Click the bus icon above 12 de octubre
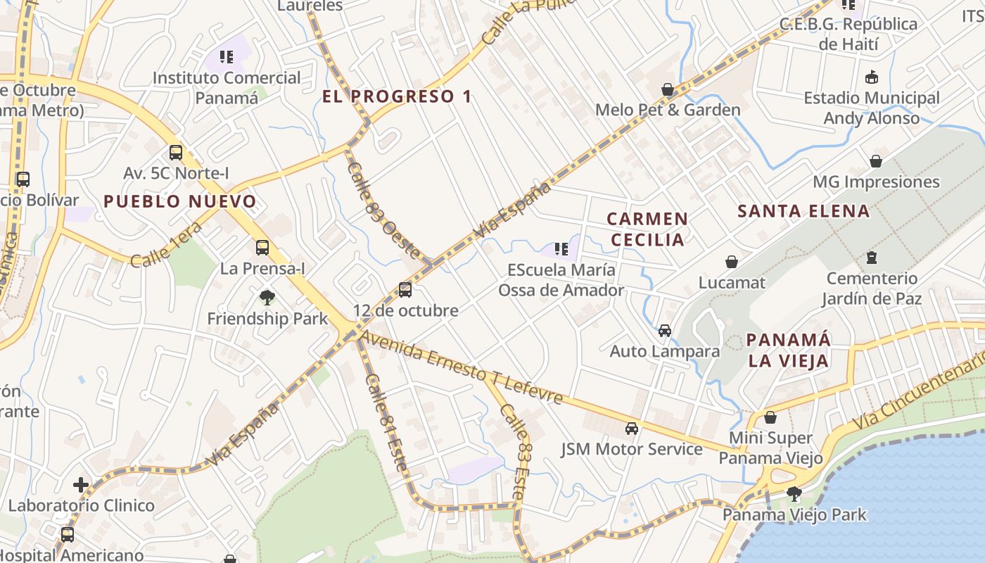pos(405,289)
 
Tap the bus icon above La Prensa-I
pos(262,247)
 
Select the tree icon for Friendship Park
pos(267,298)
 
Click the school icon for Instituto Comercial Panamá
pos(226,57)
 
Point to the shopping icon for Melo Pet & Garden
pos(668,89)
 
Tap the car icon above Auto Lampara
pos(665,330)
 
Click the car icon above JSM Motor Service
pos(632,428)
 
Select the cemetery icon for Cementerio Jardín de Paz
pos(872,258)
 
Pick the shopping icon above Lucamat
pos(732,262)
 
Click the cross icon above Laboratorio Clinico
pos(81,484)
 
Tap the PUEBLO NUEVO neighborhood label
pos(180,202)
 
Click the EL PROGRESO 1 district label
pos(398,96)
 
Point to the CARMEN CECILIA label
pos(647,229)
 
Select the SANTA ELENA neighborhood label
pos(803,211)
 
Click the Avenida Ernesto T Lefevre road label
pos(462,368)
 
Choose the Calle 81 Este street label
pos(386,422)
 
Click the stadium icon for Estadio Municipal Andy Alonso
pos(872,77)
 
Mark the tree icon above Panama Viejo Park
pos(794,493)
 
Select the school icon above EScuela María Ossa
pos(561,248)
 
